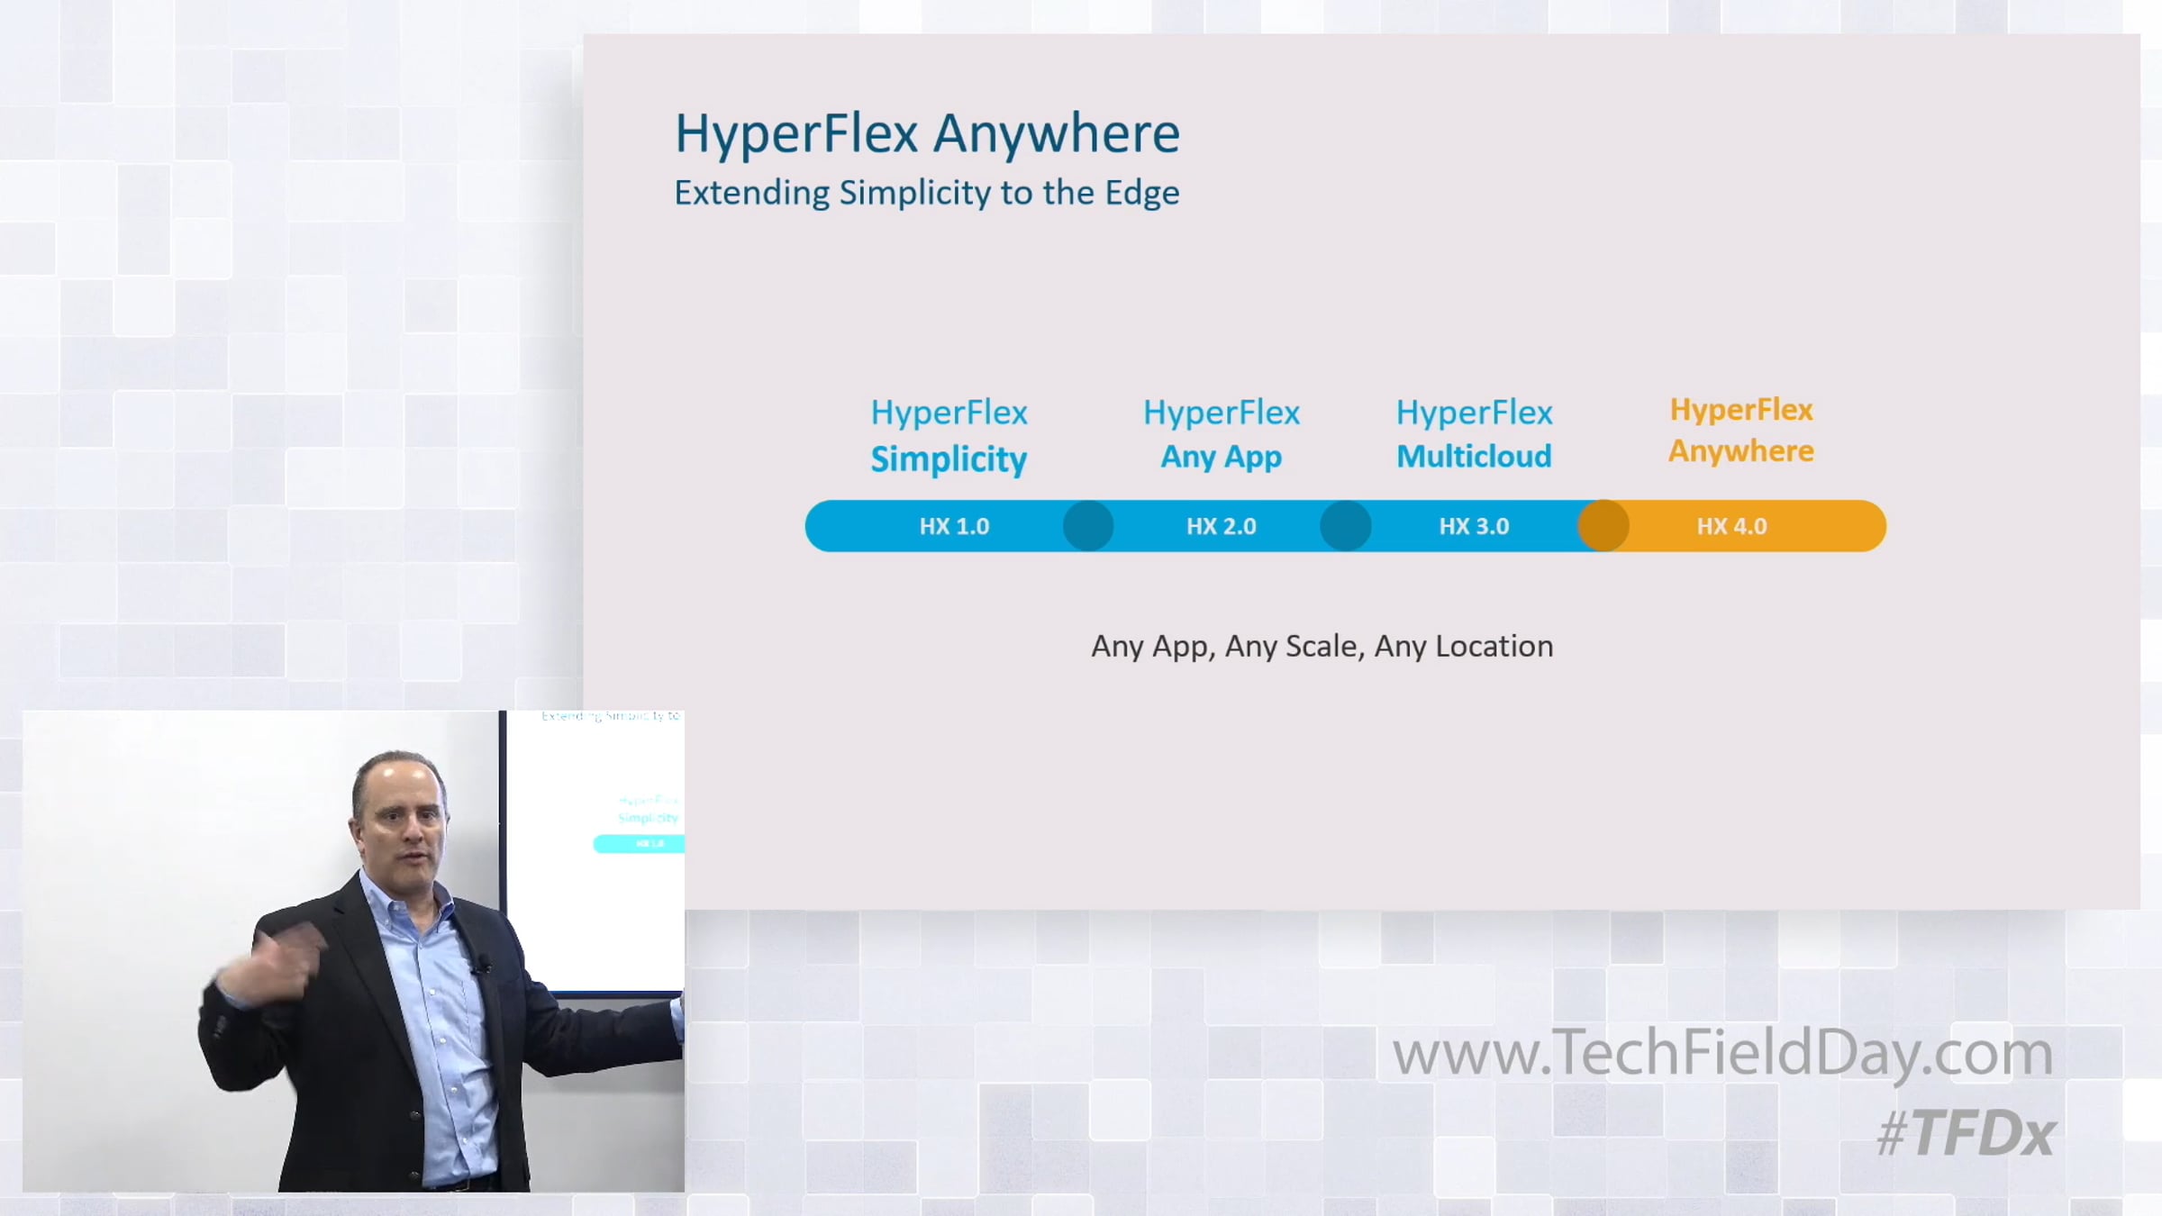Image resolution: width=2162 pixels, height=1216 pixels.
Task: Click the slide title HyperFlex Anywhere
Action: (x=927, y=134)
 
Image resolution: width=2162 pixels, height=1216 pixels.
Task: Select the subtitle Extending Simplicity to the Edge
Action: (x=927, y=193)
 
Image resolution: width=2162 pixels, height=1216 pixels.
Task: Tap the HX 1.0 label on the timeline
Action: (x=954, y=526)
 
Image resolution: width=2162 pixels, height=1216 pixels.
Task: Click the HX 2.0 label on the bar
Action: (x=1221, y=526)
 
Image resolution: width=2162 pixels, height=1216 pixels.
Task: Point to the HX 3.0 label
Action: (x=1474, y=526)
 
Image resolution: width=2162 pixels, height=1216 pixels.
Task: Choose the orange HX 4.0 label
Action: (x=1731, y=526)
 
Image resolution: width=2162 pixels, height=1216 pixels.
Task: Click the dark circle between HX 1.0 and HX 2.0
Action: (x=1088, y=526)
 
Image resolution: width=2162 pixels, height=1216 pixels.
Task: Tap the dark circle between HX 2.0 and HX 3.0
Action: (x=1346, y=526)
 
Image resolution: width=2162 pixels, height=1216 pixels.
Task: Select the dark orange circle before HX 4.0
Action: (x=1603, y=526)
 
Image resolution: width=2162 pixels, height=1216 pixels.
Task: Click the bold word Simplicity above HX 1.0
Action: (x=949, y=459)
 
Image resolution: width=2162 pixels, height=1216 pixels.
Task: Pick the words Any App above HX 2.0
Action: (x=1221, y=458)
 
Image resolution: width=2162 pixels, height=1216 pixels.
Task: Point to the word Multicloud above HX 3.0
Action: (x=1474, y=457)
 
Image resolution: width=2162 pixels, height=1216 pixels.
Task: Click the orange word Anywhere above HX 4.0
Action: (x=1740, y=451)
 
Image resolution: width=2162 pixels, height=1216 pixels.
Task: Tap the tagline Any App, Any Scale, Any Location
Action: (x=1322, y=647)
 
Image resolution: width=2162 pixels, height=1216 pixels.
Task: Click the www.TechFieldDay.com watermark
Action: (x=1722, y=1053)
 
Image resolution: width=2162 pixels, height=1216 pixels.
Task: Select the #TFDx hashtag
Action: (x=1966, y=1133)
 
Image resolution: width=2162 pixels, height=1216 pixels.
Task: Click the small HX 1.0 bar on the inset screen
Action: (x=639, y=844)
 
